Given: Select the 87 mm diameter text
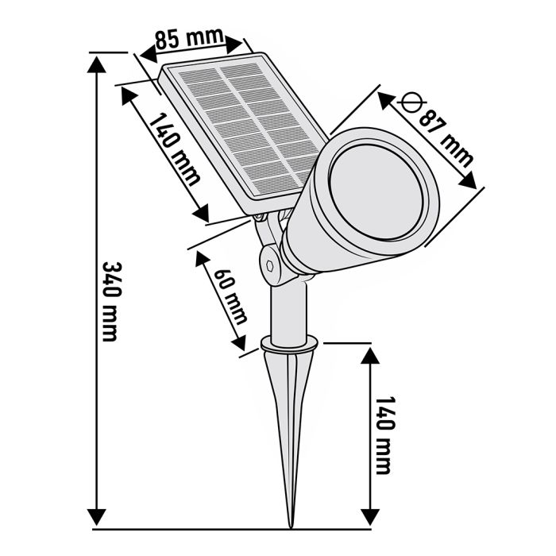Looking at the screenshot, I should point(445,135).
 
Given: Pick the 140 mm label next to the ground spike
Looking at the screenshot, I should point(384,434).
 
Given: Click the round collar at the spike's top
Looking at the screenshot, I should point(289,343).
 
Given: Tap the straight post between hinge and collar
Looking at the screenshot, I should point(289,310).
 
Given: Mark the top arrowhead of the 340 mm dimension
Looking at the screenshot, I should point(96,64).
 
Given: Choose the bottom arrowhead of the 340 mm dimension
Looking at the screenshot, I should point(96,516).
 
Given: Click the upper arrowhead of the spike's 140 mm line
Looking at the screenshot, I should point(370,354).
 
